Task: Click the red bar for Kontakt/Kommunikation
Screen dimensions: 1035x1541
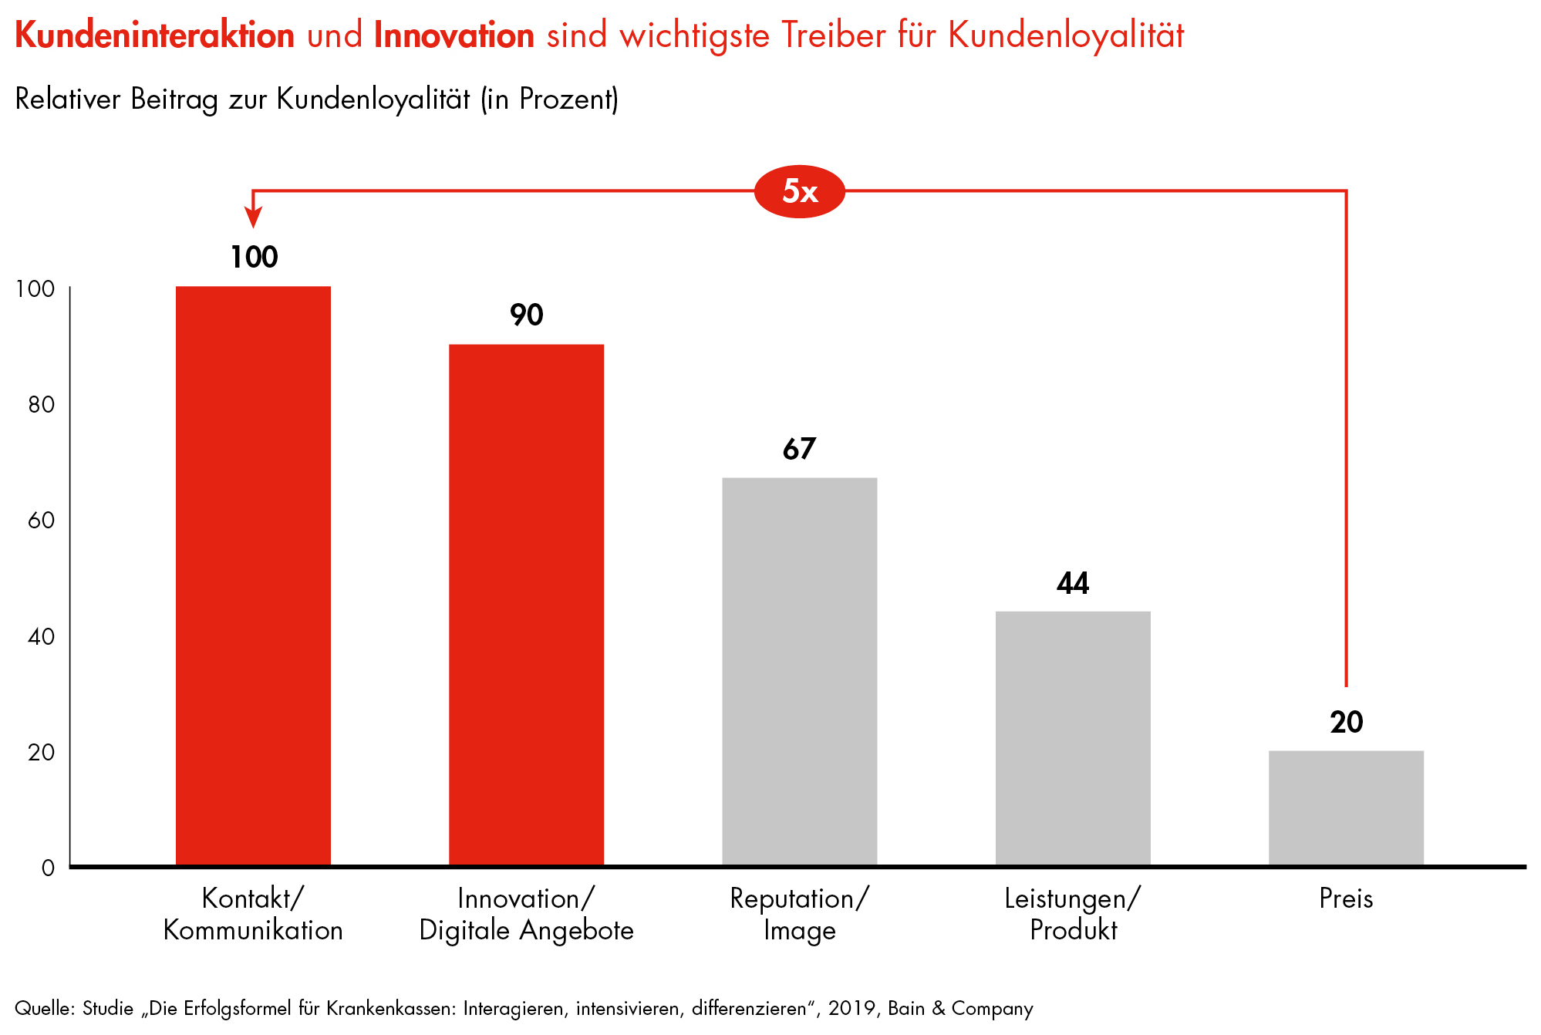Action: (253, 575)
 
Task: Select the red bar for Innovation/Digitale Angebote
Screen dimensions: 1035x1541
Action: (526, 605)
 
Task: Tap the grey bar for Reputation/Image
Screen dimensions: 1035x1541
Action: (799, 671)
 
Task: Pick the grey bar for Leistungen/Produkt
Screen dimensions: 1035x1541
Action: (1073, 738)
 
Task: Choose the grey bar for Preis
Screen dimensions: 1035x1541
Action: (1346, 807)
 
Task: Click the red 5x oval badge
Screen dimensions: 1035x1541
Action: (799, 191)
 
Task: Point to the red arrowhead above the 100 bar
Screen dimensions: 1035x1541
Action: (253, 217)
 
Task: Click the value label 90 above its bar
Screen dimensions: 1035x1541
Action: (526, 315)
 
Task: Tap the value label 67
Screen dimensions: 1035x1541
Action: (799, 449)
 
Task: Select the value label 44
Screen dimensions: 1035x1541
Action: (1073, 583)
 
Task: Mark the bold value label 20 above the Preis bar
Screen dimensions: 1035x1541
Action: (1346, 722)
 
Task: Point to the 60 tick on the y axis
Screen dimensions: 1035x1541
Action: (42, 521)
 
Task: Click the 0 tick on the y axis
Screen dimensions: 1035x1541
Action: (48, 868)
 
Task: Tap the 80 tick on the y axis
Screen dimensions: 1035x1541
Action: (42, 405)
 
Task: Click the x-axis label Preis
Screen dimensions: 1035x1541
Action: (1346, 898)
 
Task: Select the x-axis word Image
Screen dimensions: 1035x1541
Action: (799, 930)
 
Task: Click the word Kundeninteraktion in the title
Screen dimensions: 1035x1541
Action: (154, 35)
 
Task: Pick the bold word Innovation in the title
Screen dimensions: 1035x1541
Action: (454, 35)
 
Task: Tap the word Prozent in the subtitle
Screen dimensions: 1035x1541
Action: (568, 99)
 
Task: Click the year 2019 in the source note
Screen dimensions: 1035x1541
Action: (851, 1008)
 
